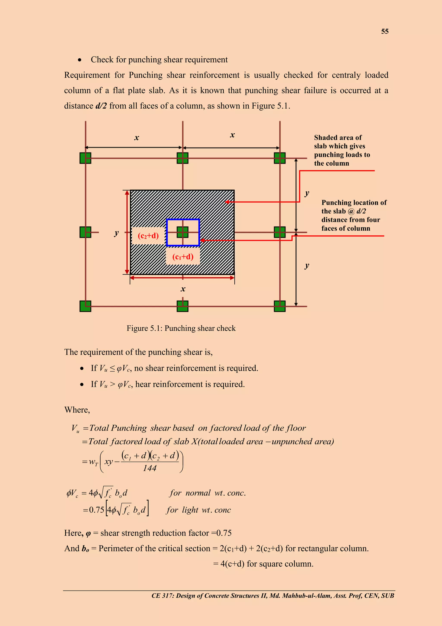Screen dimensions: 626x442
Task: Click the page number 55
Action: pos(385,31)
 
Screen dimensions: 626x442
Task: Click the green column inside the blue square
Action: pos(183,232)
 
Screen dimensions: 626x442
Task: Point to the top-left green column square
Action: pos(85,158)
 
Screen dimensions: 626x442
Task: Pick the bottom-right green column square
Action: pos(279,306)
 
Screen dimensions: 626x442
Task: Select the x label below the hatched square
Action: pos(183,289)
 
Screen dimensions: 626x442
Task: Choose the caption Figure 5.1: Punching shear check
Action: pos(181,328)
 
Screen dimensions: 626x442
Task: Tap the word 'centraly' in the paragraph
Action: pos(345,75)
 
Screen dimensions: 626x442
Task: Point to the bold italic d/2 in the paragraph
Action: pos(101,106)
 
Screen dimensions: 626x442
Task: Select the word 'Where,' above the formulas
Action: pos(77,410)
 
